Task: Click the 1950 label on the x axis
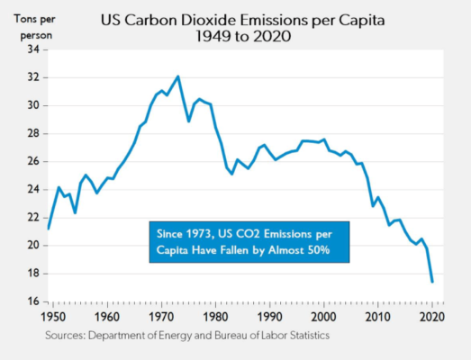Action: (52, 318)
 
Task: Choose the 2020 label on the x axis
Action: (433, 318)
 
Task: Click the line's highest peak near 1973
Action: (177, 76)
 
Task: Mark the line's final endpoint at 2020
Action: (432, 282)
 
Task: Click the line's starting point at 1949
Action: (48, 229)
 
